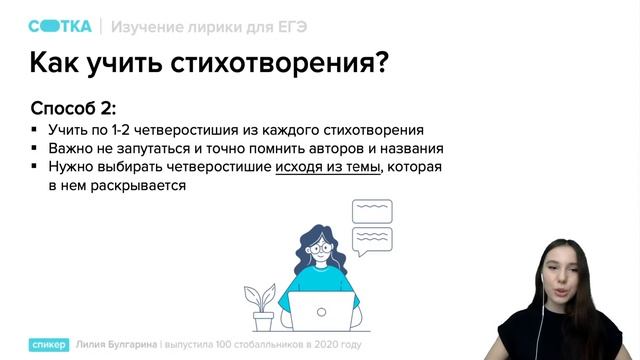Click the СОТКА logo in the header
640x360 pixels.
(59, 25)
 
